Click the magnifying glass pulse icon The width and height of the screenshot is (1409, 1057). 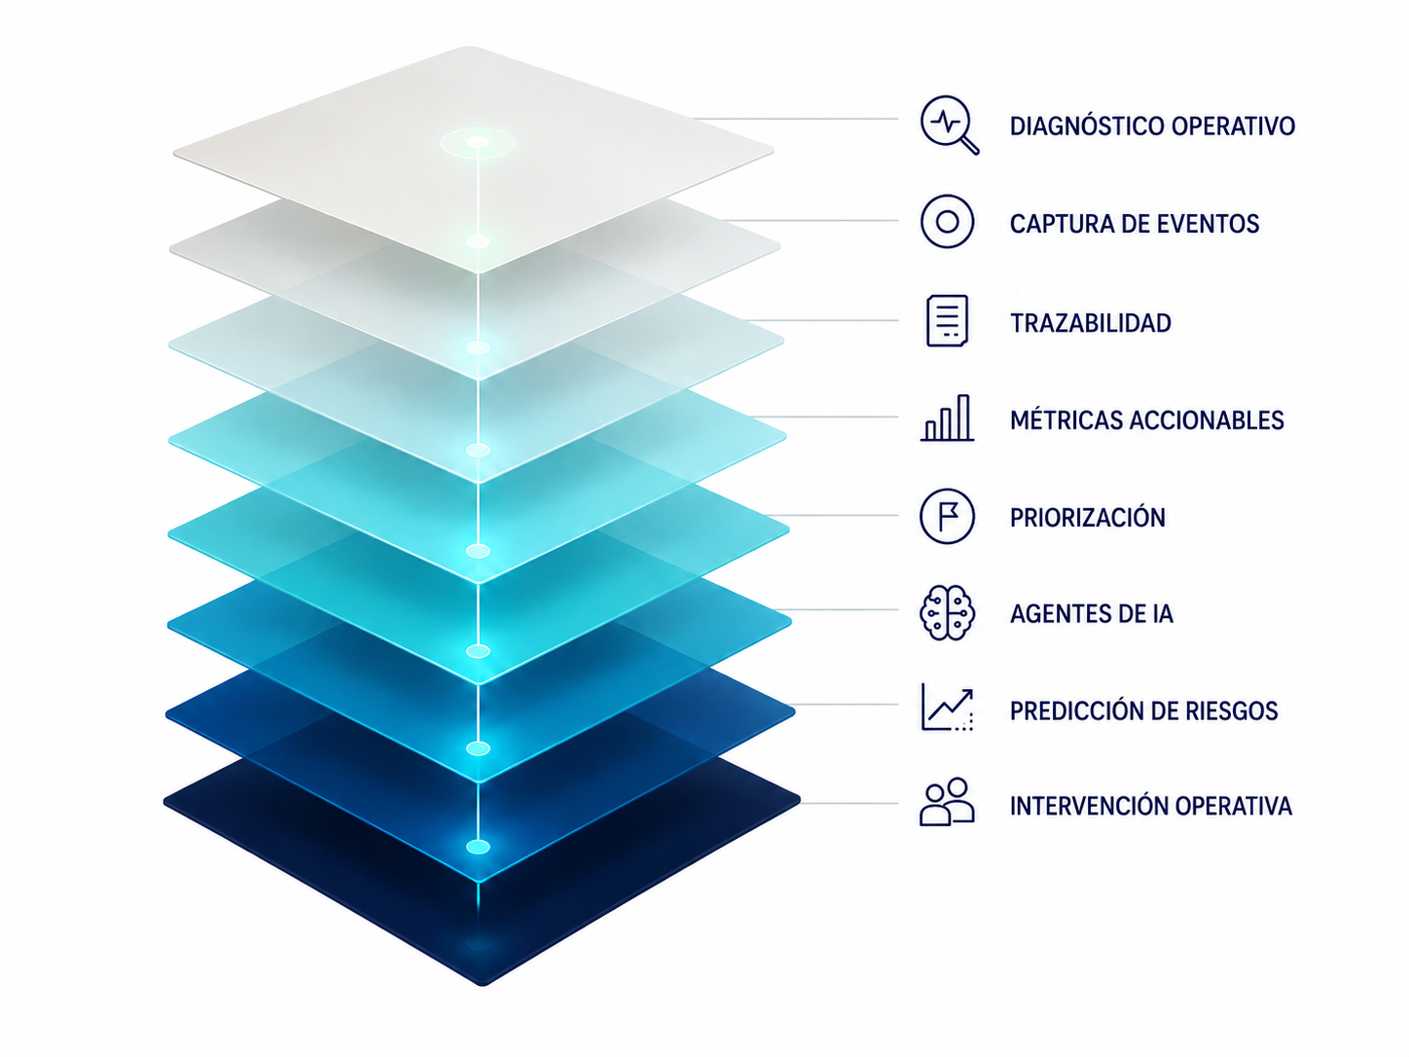click(949, 125)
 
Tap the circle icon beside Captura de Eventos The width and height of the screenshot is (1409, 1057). click(947, 221)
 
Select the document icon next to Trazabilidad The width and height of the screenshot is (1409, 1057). click(947, 321)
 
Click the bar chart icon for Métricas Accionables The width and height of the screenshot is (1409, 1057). click(947, 418)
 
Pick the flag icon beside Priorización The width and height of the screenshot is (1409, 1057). click(947, 516)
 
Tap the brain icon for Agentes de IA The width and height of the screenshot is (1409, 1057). click(947, 613)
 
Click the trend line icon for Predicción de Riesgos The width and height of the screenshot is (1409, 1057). click(947, 708)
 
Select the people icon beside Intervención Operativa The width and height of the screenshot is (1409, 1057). click(947, 802)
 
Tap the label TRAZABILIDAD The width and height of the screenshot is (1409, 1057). click(1091, 323)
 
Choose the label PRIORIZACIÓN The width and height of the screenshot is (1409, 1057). click(1088, 517)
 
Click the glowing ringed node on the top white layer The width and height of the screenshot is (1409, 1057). click(478, 142)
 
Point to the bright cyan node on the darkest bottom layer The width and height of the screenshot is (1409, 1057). click(478, 847)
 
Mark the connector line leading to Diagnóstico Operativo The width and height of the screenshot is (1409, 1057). click(795, 119)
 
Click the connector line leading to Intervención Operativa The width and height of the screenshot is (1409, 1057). click(849, 803)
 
